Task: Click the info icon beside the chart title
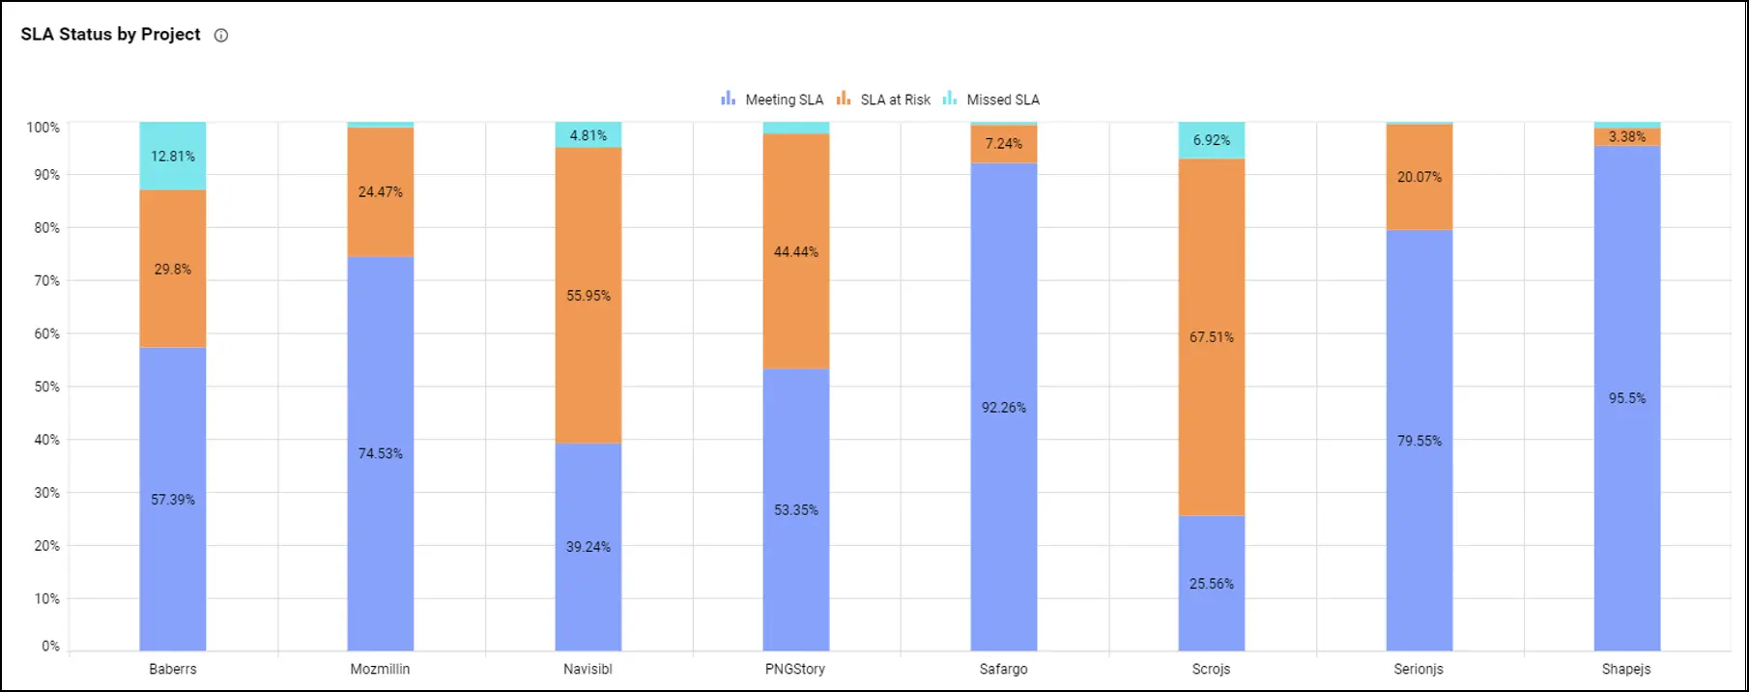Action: pos(221,36)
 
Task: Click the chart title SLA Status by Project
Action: pos(110,35)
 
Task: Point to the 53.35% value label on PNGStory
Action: pos(796,510)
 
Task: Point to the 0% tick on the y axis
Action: pos(50,646)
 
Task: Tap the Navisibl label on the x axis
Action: pos(588,669)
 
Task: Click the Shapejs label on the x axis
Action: pos(1626,669)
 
